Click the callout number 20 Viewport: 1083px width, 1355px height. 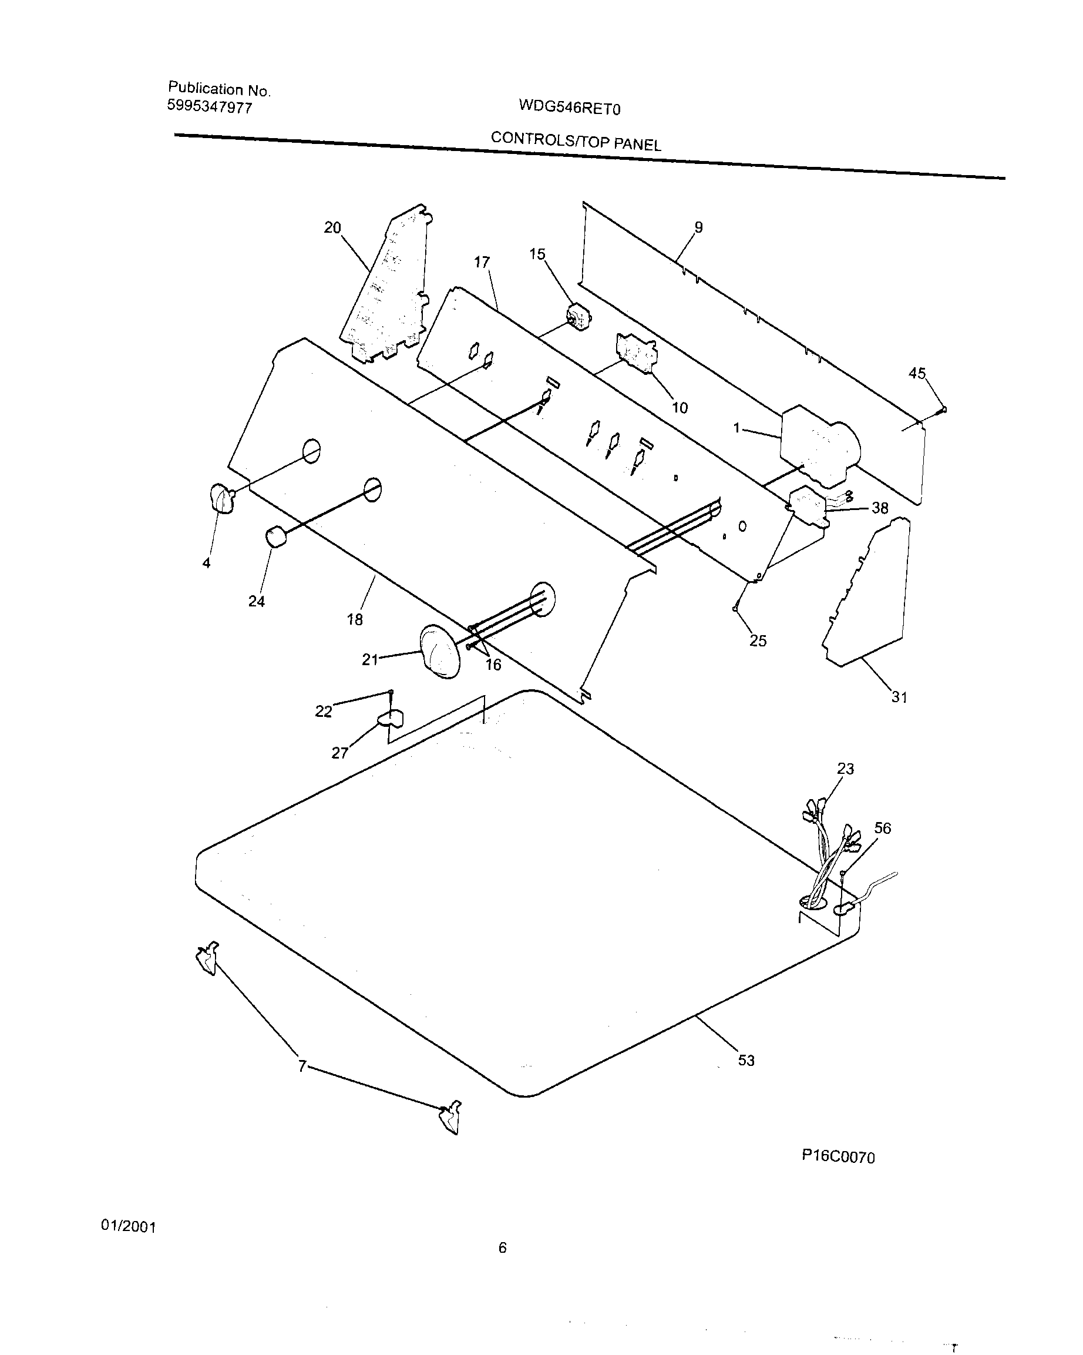tap(332, 227)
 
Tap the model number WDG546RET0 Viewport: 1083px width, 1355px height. tap(569, 108)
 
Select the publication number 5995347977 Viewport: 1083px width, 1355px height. tap(209, 107)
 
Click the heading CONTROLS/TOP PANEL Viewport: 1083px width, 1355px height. tap(576, 141)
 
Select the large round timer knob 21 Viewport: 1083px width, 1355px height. tap(439, 651)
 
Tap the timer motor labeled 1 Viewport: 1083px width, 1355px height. tap(816, 445)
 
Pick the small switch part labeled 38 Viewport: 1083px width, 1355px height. tap(809, 504)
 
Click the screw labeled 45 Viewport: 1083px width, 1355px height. tap(942, 410)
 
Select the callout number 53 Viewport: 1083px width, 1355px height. tap(746, 1060)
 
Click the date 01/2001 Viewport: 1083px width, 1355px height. tap(128, 1226)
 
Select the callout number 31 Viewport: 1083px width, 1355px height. tap(899, 697)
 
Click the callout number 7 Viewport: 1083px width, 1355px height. tap(302, 1066)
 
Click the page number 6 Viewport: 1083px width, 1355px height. tap(502, 1247)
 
